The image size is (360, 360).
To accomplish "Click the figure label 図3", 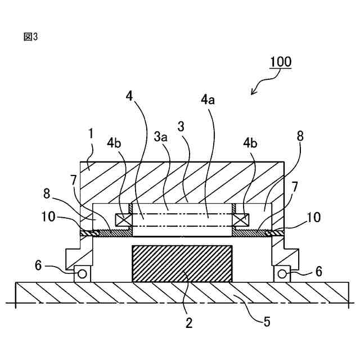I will [30, 37].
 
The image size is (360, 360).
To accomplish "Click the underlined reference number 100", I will [280, 61].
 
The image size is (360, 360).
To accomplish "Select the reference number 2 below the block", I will [189, 323].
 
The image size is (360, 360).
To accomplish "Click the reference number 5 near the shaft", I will [267, 322].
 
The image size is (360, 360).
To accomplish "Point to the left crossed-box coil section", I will [122, 219].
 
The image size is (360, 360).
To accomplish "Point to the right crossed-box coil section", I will [241, 219].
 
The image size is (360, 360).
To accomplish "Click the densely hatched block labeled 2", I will [181, 264].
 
